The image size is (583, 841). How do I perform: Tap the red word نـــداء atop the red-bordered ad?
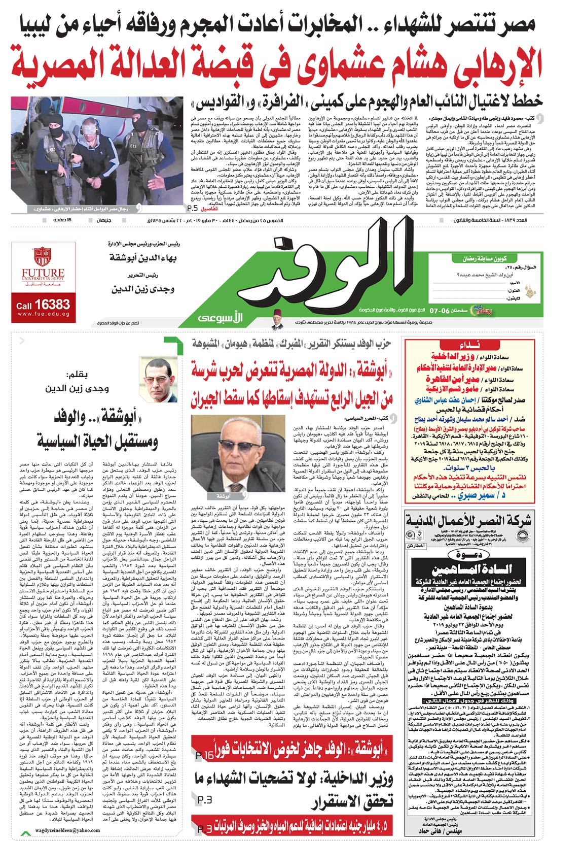469,344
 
